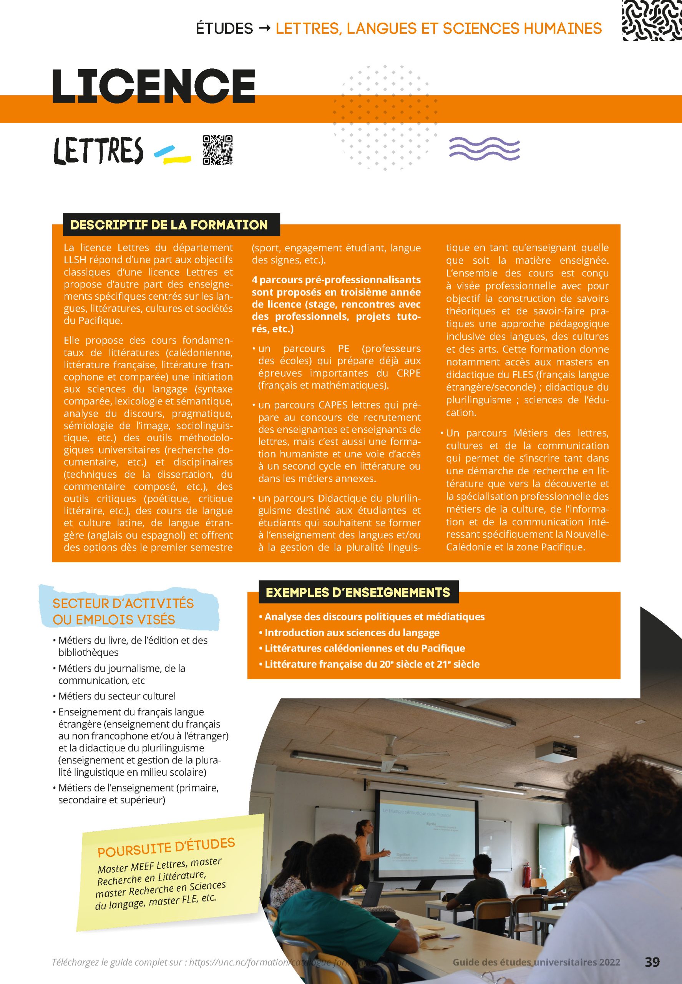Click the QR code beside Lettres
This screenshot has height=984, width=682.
[217, 150]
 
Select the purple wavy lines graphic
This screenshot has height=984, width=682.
[484, 149]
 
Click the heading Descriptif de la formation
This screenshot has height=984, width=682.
[169, 225]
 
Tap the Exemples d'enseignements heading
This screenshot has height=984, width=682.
[358, 592]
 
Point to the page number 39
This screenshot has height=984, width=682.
[652, 962]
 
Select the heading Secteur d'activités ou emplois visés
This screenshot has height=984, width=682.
[123, 611]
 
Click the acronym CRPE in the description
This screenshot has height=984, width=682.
[408, 373]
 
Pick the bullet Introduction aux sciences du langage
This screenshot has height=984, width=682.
[352, 633]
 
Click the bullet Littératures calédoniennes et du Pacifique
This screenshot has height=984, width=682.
[365, 648]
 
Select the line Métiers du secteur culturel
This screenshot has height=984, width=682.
[117, 696]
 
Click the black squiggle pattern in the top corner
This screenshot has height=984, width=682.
[652, 20]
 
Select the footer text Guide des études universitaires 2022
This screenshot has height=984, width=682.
[536, 962]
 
